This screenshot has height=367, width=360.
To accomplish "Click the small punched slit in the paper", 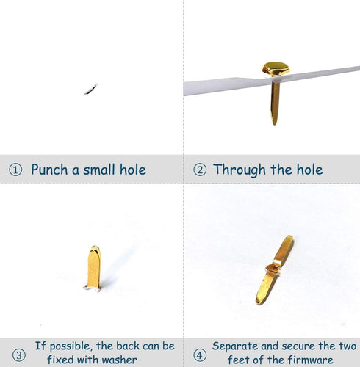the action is click(91, 89).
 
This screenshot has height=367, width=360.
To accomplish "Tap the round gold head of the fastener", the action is click(276, 68).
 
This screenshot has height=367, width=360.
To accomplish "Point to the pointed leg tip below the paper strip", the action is click(274, 123).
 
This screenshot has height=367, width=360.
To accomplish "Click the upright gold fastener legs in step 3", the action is click(93, 268).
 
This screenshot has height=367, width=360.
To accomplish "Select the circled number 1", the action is click(15, 170).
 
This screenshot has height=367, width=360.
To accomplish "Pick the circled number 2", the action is click(200, 170).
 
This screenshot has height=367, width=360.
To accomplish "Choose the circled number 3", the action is click(19, 355).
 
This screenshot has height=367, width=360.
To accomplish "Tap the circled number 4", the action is click(200, 355).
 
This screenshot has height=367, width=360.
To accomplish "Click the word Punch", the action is click(49, 170).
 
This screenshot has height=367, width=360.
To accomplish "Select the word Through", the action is click(240, 170).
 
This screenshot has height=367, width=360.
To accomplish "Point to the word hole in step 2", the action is click(309, 170).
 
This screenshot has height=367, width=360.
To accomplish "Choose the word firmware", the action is click(310, 360).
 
